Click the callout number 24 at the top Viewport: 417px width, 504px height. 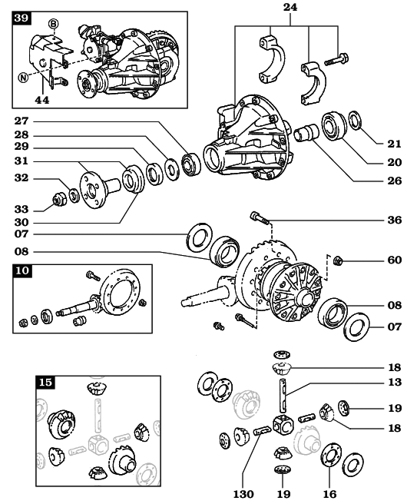pos(290,7)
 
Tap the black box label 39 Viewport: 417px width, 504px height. pos(22,18)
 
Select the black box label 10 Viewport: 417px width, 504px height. pos(22,270)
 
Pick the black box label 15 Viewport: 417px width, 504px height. pos(45,383)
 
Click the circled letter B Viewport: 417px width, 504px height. pos(53,24)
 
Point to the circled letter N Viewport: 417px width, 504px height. pos(23,78)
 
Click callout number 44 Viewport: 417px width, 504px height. pos(42,101)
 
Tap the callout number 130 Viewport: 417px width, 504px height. pos(243,494)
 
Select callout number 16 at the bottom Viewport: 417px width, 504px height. pos(329,494)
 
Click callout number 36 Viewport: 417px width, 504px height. pos(395,220)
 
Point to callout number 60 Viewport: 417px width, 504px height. pos(395,260)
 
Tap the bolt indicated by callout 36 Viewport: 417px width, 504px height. pos(260,217)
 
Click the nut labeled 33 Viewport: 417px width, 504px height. pos(59,199)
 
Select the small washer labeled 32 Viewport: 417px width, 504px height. pos(74,195)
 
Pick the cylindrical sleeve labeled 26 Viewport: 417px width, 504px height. pos(306,133)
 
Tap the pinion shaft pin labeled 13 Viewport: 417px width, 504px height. pos(283,395)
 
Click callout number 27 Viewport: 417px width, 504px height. pos(22,121)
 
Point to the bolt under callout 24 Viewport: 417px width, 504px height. pos(336,59)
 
